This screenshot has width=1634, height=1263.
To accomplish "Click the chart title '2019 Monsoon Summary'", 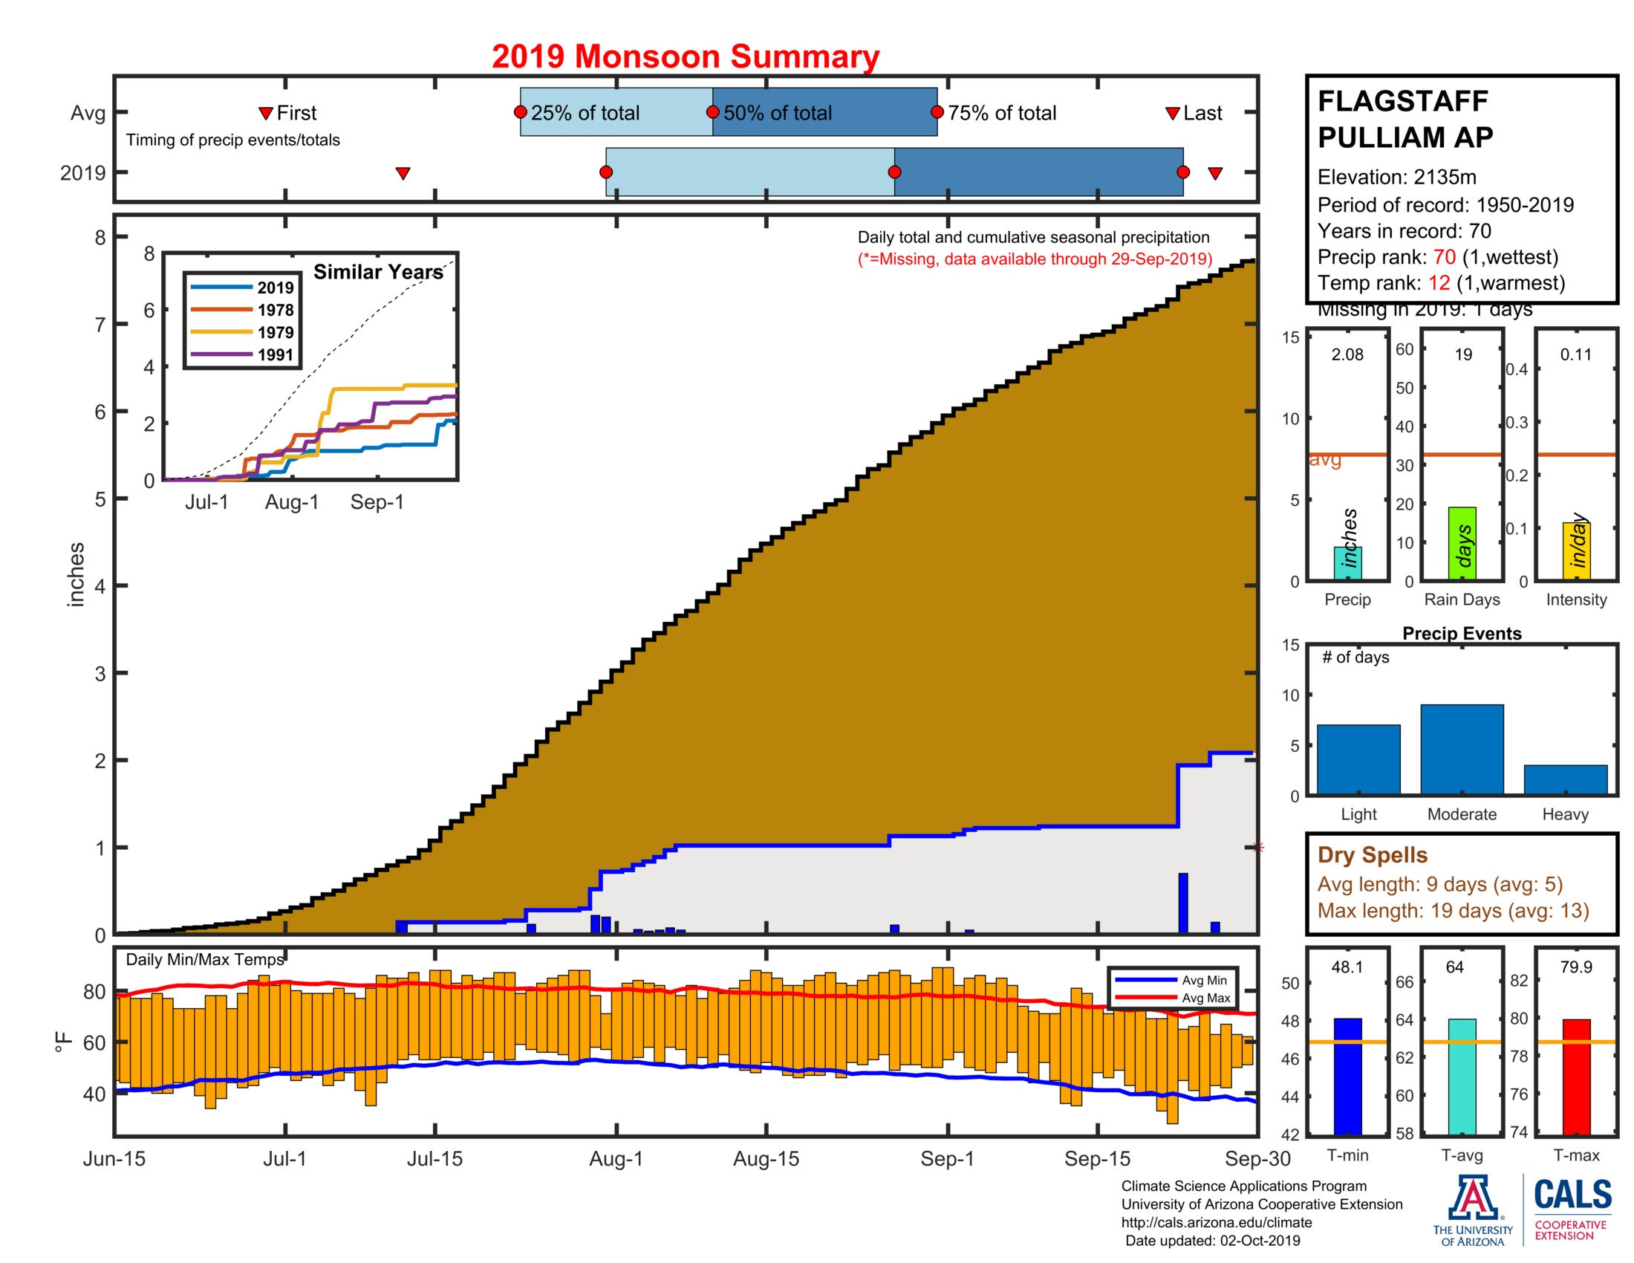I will [x=685, y=57].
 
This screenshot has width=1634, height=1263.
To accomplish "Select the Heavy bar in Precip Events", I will [x=1564, y=779].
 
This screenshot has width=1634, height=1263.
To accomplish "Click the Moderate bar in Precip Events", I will [x=1461, y=749].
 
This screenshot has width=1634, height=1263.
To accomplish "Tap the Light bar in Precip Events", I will [x=1358, y=759].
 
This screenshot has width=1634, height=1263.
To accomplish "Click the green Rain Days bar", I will [x=1461, y=543].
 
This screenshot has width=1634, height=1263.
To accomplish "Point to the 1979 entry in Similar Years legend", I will [x=276, y=332].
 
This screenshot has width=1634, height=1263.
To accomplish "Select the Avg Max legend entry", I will [x=1205, y=997].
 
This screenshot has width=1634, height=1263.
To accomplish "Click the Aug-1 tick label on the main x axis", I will [x=616, y=1158].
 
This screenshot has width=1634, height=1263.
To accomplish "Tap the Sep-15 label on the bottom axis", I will [x=1097, y=1158].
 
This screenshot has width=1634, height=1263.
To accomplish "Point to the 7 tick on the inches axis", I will [x=100, y=325].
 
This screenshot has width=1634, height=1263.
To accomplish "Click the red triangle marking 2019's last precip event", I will [x=1215, y=174].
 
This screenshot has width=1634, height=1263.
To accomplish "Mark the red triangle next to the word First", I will [x=265, y=113].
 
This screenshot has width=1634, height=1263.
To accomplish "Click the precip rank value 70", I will [x=1444, y=256].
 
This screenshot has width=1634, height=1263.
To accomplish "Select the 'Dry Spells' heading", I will [x=1372, y=854].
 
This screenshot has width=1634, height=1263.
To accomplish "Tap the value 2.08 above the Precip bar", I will [x=1347, y=354].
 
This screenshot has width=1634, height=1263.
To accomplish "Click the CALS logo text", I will [x=1572, y=1195].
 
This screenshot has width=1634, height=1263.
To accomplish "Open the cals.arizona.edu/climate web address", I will [x=1216, y=1222].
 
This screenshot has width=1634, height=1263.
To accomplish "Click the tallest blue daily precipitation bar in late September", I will [x=1183, y=903].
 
